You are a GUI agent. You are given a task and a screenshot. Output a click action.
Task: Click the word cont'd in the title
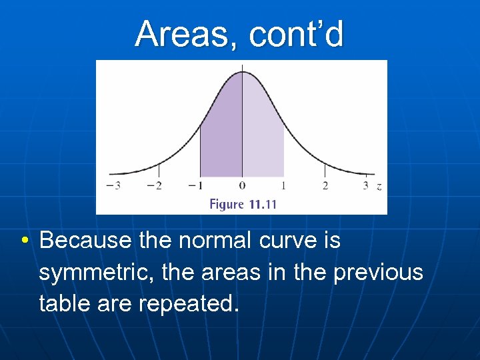(x=296, y=35)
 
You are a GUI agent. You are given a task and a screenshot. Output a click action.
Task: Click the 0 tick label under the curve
(x=242, y=186)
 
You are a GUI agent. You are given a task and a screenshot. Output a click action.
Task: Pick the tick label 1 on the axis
(x=284, y=186)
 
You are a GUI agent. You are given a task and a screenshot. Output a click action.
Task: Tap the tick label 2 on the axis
(x=325, y=186)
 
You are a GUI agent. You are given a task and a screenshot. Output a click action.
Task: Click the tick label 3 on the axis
(x=365, y=186)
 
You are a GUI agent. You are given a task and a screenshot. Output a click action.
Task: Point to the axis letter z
(x=379, y=187)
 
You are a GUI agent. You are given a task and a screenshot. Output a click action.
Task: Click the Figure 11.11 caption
(x=243, y=204)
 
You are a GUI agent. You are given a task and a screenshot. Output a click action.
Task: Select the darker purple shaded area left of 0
(x=222, y=133)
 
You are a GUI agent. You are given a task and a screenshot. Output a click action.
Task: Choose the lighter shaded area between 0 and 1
(x=262, y=133)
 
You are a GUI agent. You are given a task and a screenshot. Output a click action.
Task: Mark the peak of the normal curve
(x=242, y=72)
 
